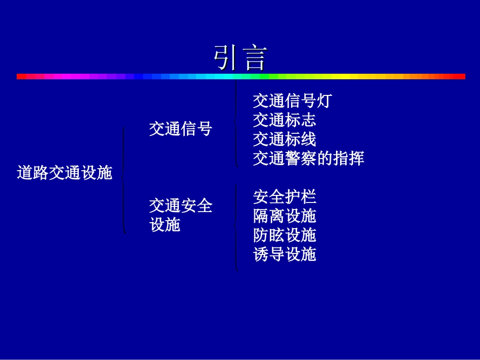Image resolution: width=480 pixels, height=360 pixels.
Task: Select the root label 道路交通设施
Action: point(64,173)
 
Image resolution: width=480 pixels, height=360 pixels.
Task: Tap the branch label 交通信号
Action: point(180,129)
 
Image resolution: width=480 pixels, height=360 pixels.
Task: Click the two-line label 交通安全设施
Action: point(180,215)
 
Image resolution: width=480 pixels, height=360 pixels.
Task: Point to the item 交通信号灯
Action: point(292,101)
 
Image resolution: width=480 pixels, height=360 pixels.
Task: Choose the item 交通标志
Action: point(284,120)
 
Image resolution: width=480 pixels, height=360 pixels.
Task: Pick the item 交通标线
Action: point(284,139)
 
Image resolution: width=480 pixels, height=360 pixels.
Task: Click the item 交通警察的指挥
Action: point(308,159)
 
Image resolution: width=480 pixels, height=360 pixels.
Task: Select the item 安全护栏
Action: point(284,196)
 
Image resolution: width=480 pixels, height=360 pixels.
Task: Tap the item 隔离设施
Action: point(284,216)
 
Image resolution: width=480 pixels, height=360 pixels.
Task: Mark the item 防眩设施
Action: point(284,235)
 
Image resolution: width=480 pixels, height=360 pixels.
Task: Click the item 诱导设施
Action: point(284,254)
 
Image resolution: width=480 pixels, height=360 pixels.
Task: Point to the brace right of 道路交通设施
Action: point(124,180)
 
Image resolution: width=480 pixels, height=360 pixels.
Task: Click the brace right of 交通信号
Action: point(235,123)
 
